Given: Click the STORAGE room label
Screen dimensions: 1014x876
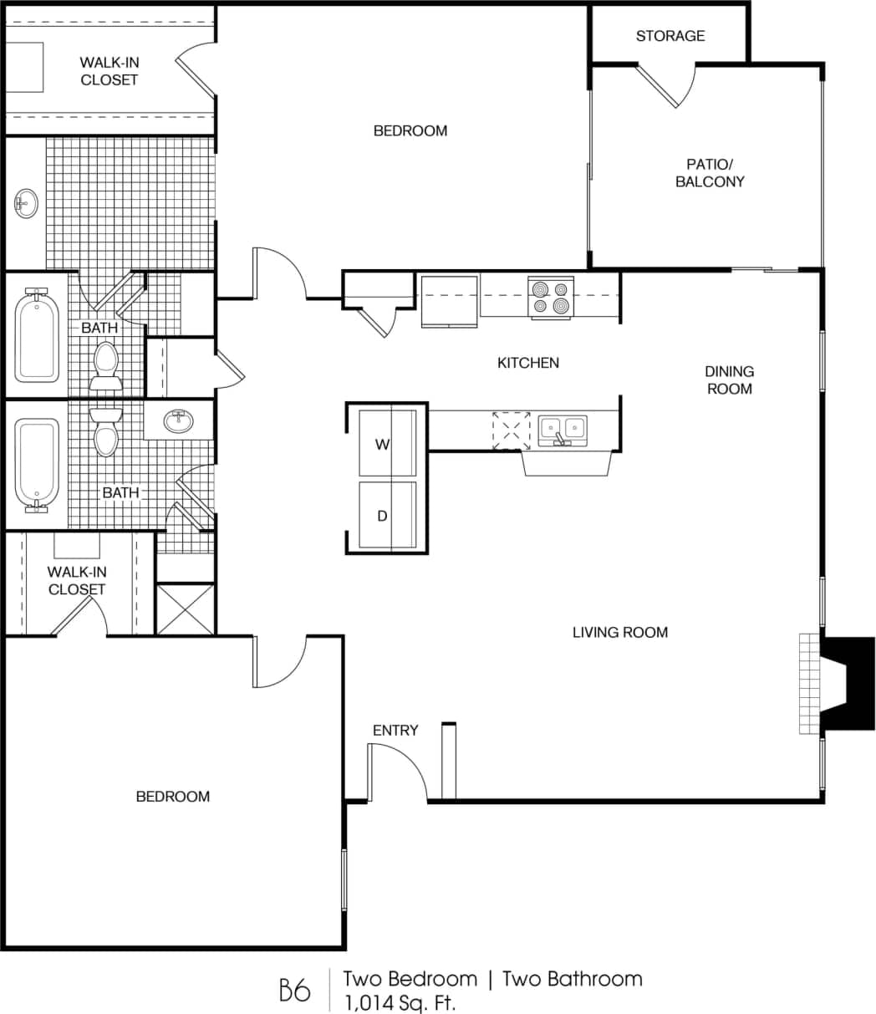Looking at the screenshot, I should click(670, 36).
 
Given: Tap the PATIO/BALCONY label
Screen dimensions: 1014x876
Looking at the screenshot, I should click(710, 172).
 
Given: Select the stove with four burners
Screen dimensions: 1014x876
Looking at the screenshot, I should click(551, 298).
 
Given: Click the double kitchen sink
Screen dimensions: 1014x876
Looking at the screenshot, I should click(562, 430).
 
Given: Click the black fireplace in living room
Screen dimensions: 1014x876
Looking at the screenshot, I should click(846, 684).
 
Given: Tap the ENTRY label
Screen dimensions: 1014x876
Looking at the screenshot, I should click(395, 731).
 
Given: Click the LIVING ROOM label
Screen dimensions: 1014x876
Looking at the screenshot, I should click(619, 633).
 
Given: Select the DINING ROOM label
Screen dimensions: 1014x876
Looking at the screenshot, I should click(729, 380).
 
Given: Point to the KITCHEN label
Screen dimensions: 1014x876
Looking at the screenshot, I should click(527, 363).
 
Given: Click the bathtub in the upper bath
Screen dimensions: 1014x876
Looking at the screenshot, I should click(37, 336).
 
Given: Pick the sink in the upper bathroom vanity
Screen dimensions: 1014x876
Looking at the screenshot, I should click(26, 201).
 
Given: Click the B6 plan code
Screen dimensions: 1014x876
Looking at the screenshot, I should click(294, 990).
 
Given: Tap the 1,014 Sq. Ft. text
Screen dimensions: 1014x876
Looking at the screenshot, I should click(400, 1001).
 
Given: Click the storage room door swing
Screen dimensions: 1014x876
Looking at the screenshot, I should click(666, 86).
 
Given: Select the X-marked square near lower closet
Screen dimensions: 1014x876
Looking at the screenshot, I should click(186, 609).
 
